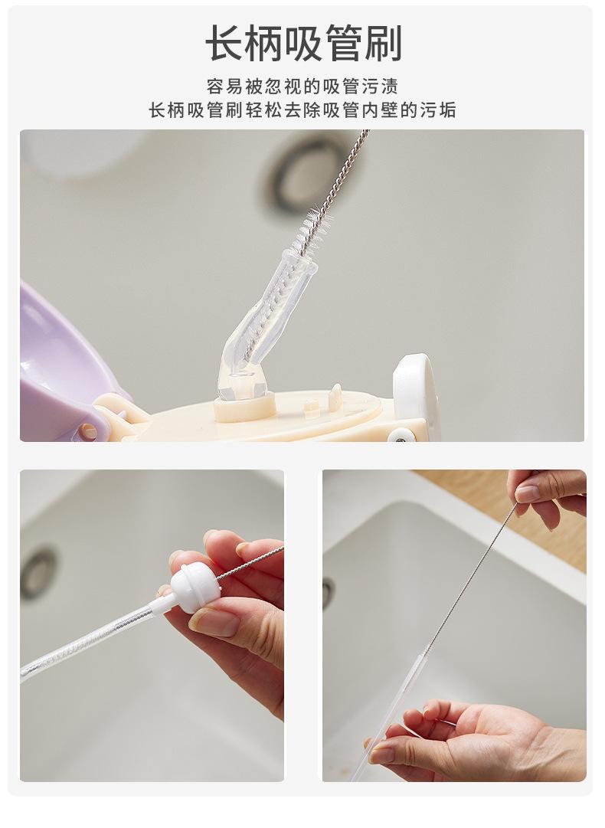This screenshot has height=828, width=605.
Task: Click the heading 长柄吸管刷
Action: pyautogui.click(x=303, y=43)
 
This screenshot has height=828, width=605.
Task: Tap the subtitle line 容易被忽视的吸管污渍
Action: pyautogui.click(x=302, y=86)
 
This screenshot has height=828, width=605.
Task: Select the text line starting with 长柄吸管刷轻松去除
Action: pyautogui.click(x=302, y=110)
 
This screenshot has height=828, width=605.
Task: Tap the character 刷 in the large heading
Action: pyautogui.click(x=383, y=43)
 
